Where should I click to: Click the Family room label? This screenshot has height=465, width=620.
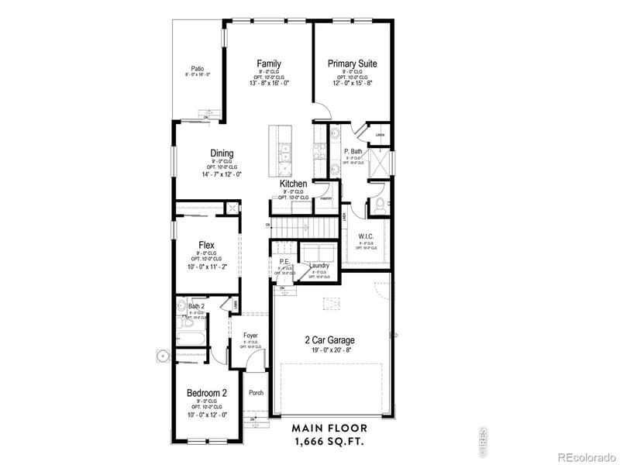tap(269, 64)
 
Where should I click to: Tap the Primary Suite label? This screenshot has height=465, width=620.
tap(352, 64)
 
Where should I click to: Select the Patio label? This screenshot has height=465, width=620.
tap(198, 68)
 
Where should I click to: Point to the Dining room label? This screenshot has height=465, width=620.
tap(222, 153)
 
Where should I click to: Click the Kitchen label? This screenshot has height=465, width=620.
tap(294, 184)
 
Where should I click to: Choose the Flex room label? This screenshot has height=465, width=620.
tap(206, 246)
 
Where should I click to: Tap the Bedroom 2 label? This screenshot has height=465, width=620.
tap(207, 394)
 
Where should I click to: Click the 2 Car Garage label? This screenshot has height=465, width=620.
tap(330, 340)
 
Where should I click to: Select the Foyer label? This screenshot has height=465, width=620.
tap(250, 336)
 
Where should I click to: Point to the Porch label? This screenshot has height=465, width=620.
tap(256, 393)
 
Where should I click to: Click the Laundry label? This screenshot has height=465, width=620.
tap(320, 267)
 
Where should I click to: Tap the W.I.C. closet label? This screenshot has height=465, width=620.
tap(366, 236)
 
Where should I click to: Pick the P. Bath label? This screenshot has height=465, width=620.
tap(353, 152)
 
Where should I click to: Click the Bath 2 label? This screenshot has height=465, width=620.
tap(196, 306)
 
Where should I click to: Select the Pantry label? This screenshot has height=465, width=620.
tap(327, 198)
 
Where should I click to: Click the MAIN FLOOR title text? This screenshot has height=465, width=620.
tap(329, 428)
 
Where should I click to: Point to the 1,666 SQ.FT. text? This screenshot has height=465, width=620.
tap(329, 441)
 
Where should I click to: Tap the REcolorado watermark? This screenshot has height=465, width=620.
tap(587, 455)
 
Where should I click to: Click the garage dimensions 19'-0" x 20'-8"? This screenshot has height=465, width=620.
tap(330, 350)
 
